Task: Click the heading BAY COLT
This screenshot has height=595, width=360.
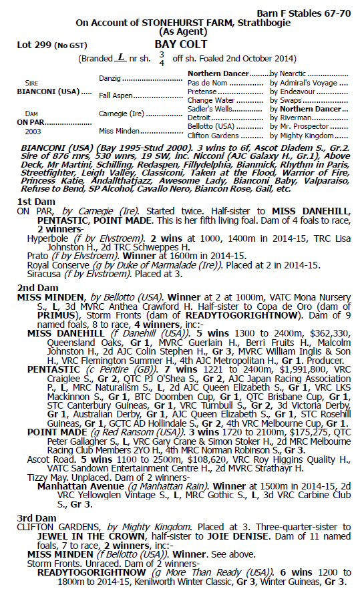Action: pos(180,45)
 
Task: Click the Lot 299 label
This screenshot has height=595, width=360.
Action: pos(31,45)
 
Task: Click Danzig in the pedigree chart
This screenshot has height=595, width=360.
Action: pos(111,78)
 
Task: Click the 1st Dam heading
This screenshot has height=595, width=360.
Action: pos(31,201)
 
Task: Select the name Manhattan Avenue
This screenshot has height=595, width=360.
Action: pos(75,491)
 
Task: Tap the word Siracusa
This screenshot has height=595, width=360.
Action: pos(46,273)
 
